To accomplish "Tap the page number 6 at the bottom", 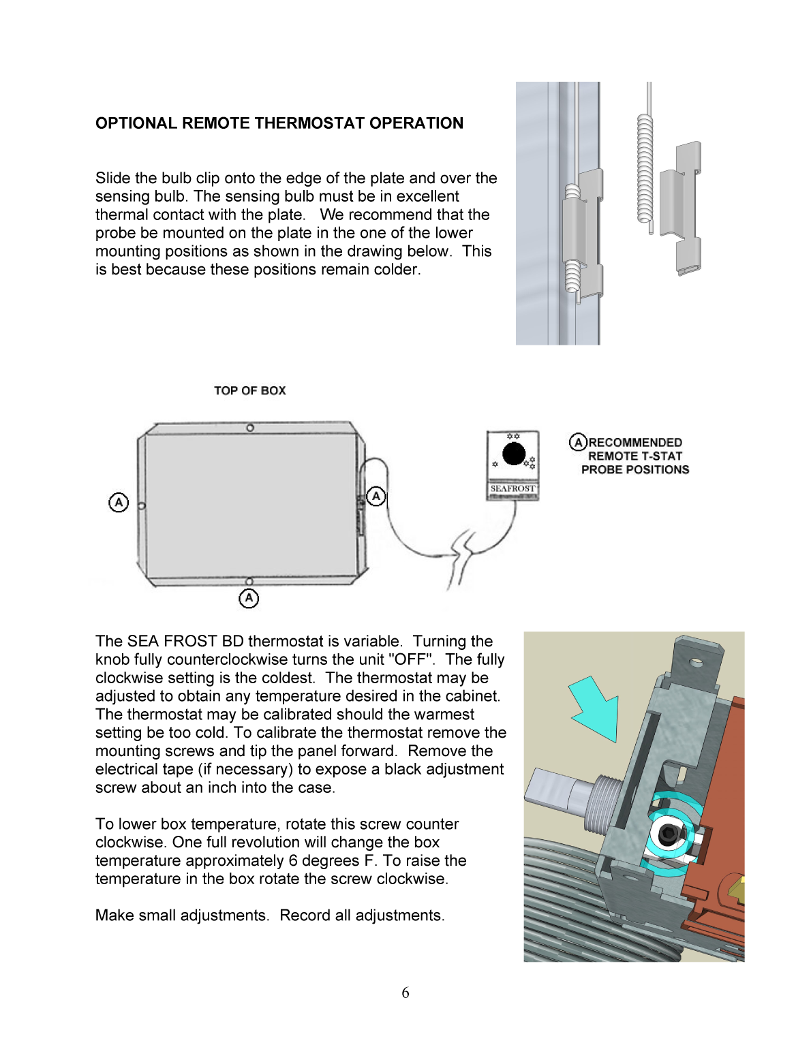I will coord(405,992).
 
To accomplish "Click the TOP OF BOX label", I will coord(249,390).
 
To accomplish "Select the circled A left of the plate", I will coord(119,503).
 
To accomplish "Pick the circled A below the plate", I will coord(249,598).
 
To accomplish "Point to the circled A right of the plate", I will coord(376,496).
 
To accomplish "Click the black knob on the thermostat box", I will coord(513,454).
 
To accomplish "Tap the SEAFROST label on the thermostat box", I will coord(512,488).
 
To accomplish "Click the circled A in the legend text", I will coord(578,442).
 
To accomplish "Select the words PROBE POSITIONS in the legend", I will coord(635,469).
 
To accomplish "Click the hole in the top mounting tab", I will coord(696,661).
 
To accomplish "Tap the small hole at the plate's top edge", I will coord(250,428).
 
